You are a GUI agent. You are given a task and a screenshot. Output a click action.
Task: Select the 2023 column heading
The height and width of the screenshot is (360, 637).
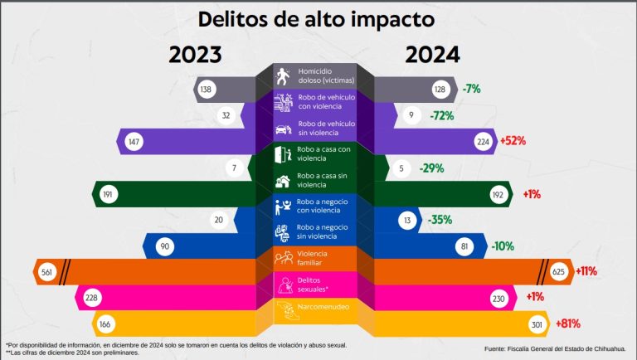(x=196, y=55)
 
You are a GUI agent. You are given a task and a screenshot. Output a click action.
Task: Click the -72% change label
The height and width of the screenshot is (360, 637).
(x=441, y=115)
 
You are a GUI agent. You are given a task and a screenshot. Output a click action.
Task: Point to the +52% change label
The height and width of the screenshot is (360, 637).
(x=513, y=141)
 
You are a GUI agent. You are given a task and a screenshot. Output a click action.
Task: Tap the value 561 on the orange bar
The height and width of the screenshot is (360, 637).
(x=48, y=271)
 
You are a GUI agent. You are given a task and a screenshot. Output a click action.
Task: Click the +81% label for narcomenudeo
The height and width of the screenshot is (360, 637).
(x=551, y=324)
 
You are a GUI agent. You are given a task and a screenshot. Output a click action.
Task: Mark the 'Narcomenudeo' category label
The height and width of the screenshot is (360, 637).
(x=323, y=309)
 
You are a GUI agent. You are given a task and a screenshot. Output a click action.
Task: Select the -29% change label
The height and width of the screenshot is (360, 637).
(x=431, y=168)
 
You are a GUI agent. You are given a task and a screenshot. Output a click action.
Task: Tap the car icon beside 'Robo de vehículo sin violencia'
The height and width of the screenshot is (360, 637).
(x=283, y=129)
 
